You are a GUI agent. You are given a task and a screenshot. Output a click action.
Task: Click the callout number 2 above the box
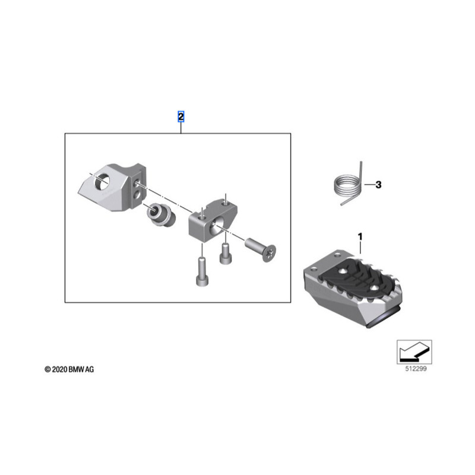point(180,116)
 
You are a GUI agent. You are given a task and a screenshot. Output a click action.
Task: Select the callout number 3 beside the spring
point(378,185)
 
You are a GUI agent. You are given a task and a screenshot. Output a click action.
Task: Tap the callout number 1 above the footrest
point(360,236)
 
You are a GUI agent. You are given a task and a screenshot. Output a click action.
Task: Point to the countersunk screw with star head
point(261,249)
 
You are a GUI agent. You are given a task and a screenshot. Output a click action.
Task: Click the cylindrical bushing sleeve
point(161,215)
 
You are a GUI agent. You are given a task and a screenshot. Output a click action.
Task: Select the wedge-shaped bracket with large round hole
point(112,187)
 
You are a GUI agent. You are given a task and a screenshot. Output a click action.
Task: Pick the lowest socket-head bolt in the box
point(202,271)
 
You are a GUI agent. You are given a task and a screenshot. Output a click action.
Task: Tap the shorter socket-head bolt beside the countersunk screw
point(225,254)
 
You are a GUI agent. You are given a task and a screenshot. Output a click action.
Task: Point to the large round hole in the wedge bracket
point(102,181)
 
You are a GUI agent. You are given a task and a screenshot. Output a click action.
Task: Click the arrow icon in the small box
point(413,351)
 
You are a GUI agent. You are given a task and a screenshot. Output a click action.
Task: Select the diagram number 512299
point(416,369)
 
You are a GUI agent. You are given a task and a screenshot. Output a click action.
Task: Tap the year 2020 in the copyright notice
point(59,369)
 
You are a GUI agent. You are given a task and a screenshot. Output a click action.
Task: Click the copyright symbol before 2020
point(47,369)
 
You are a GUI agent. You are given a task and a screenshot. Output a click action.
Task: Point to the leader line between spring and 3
point(369,185)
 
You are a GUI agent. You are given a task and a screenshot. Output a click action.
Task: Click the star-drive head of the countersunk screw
point(270,254)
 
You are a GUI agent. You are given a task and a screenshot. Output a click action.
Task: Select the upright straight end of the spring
point(362,173)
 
